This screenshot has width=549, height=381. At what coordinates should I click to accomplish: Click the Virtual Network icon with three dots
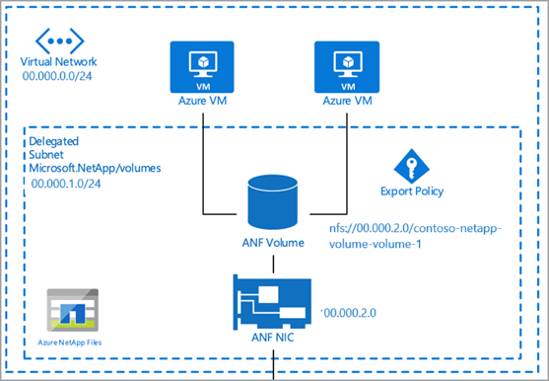pyautogui.click(x=60, y=41)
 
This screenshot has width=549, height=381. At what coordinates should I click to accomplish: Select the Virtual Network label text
pyautogui.click(x=58, y=61)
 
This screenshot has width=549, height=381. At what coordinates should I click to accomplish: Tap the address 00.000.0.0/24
pyautogui.click(x=57, y=76)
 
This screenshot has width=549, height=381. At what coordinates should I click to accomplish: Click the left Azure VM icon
pyautogui.click(x=202, y=67)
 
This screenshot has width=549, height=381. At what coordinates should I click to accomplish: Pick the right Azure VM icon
pyautogui.click(x=347, y=67)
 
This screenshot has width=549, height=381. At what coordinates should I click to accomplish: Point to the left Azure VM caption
pyautogui.click(x=202, y=101)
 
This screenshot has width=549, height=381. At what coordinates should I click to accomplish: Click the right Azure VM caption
pyautogui.click(x=347, y=101)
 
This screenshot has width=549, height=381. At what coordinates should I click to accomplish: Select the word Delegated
pyautogui.click(x=53, y=141)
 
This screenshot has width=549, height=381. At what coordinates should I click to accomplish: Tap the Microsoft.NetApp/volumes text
pyautogui.click(x=95, y=168)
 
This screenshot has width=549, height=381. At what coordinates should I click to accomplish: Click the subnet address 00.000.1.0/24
pyautogui.click(x=66, y=184)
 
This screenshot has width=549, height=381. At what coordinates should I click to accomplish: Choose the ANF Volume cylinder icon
pyautogui.click(x=273, y=202)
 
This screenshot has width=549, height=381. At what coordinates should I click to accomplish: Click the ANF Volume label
pyautogui.click(x=273, y=243)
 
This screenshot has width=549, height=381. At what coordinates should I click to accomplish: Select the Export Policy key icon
pyautogui.click(x=412, y=166)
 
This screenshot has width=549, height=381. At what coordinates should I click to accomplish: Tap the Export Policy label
pyautogui.click(x=412, y=191)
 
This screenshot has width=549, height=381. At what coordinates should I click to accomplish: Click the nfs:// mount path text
pyautogui.click(x=415, y=236)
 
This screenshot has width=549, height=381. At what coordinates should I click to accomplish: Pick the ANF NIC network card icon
pyautogui.click(x=272, y=302)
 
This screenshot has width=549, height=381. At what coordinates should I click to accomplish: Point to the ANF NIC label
pyautogui.click(x=273, y=338)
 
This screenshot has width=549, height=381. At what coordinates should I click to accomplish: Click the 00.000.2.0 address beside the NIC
pyautogui.click(x=350, y=313)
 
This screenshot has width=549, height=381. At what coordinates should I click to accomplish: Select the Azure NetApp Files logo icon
pyautogui.click(x=73, y=310)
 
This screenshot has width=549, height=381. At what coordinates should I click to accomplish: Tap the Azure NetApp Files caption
pyautogui.click(x=70, y=343)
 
